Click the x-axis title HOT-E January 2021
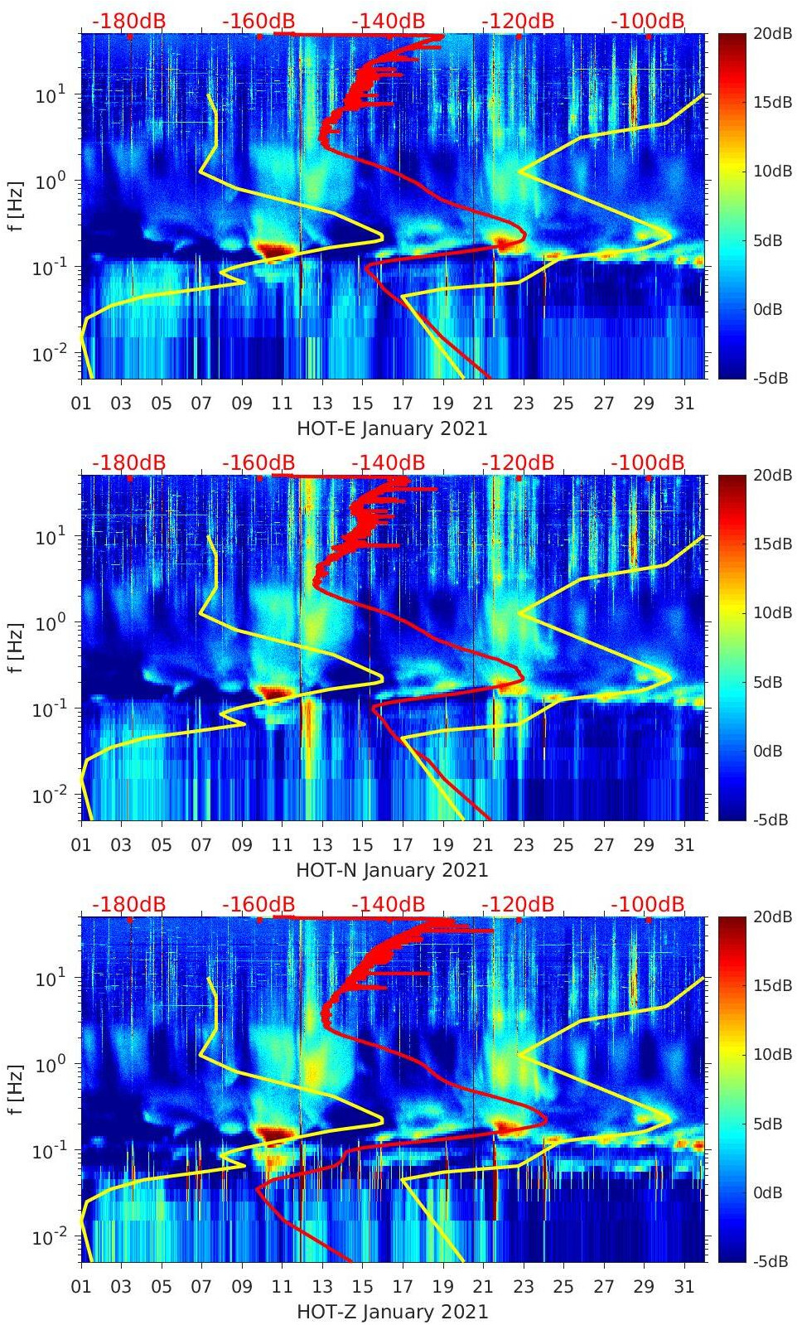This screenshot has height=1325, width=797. coord(392,428)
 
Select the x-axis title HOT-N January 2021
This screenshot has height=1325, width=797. coord(392,870)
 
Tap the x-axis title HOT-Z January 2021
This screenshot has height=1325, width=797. coord(392,1312)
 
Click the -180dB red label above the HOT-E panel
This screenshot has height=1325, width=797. coord(128,21)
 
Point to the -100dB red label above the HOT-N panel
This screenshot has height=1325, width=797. coord(648,462)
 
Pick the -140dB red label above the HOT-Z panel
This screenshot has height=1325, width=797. coord(388,904)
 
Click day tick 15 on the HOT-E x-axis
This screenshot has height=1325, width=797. coord(362,404)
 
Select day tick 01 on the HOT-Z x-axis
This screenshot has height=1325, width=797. coord(81,1287)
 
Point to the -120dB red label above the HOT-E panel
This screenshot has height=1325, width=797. coord(518,21)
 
